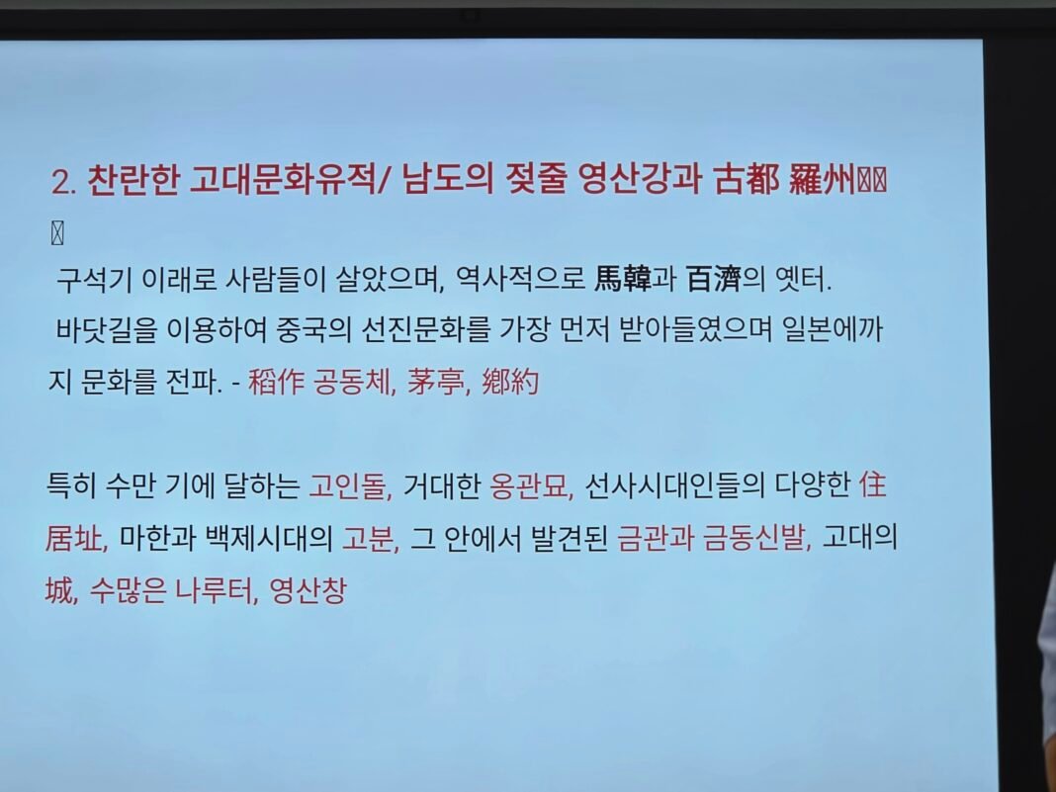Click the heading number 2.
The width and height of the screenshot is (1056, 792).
pyautogui.click(x=64, y=182)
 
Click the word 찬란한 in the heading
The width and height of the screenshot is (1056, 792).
pyautogui.click(x=133, y=181)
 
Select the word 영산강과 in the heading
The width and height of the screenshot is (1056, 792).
pyautogui.click(x=640, y=180)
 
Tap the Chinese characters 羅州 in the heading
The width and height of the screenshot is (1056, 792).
pyautogui.click(x=823, y=180)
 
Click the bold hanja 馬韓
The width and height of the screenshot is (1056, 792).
pyautogui.click(x=623, y=279)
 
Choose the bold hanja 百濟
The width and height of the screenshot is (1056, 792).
pyautogui.click(x=713, y=279)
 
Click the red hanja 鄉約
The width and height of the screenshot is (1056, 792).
pyautogui.click(x=510, y=382)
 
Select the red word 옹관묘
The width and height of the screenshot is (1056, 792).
pyautogui.click(x=528, y=485)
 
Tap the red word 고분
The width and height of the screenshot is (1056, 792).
pyautogui.click(x=368, y=538)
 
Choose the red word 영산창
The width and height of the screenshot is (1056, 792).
pyautogui.click(x=308, y=590)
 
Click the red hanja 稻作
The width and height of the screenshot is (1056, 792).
pyautogui.click(x=276, y=382)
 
